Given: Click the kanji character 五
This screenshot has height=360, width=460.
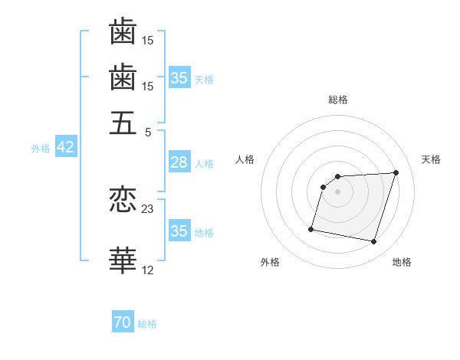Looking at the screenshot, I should [123, 123].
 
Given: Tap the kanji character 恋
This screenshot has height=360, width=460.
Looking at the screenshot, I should [123, 201].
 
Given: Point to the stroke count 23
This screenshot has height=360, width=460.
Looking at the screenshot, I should [148, 208].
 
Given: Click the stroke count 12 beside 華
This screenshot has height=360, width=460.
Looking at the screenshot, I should [148, 269].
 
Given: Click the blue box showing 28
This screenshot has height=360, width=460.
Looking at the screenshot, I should [179, 162].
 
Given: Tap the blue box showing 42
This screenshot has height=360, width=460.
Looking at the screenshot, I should [65, 148].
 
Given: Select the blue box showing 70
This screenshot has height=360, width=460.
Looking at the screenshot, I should [122, 323].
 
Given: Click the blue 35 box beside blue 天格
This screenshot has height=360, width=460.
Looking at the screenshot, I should [179, 78].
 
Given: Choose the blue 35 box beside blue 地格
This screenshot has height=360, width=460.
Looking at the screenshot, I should [179, 231].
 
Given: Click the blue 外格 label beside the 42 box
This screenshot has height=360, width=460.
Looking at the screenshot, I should [41, 149].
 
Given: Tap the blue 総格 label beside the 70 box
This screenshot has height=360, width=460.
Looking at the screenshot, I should [147, 324].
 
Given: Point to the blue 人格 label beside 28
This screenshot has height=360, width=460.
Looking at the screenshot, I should [204, 163].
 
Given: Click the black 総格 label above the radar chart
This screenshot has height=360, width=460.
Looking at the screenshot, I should [338, 100].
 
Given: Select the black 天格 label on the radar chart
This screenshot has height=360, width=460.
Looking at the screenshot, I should [431, 159].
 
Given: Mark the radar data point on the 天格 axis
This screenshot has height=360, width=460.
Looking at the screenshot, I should [396, 172].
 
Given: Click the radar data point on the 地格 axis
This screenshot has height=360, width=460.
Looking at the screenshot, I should [373, 242].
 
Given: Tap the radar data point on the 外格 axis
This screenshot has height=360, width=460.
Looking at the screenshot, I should [311, 228].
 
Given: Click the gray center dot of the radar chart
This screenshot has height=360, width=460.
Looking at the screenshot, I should [338, 191].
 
